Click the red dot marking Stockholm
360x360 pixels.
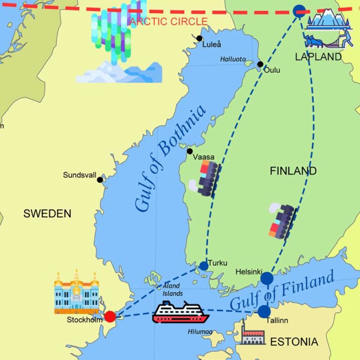pos(110,316)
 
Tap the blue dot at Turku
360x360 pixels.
pos(204,266)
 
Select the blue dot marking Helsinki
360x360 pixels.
pos(267,278)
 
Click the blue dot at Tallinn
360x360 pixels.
pos(264,311)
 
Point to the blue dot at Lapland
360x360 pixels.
pos(299,11)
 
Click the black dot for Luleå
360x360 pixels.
pos(200,38)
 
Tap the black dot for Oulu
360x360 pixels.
pos(260,64)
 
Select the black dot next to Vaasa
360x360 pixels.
pos(189,151)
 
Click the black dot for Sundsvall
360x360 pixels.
pos(100,180)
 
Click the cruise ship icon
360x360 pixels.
pos(180,312)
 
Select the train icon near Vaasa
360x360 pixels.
pos(207,178)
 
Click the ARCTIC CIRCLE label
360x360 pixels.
pos(169,22)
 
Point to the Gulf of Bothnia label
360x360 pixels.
pos(170,158)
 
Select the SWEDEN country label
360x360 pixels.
pos(47,214)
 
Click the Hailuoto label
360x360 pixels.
pos(233,59)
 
